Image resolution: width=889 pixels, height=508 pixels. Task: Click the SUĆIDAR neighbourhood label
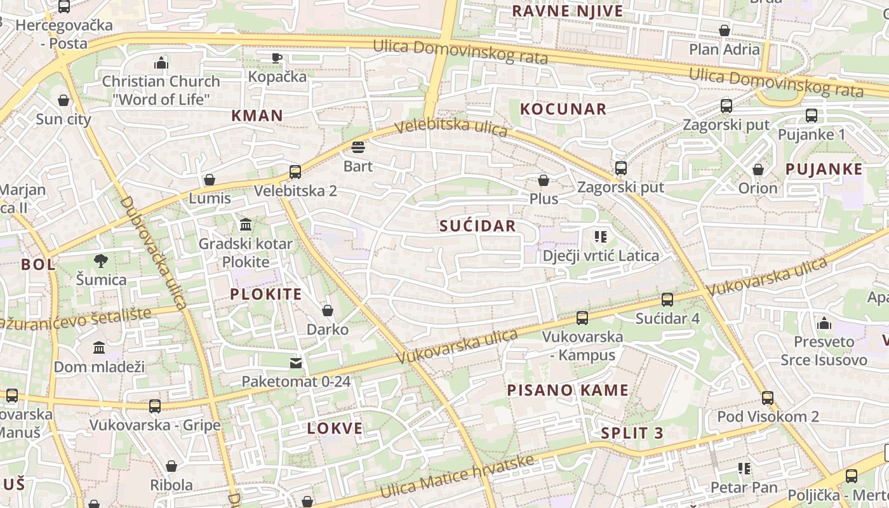pos(478,226)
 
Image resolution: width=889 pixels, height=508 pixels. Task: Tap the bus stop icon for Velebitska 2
pos(295,171)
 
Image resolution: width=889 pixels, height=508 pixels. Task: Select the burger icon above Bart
pos(358,147)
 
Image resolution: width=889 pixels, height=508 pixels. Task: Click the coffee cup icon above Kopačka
pos(277,58)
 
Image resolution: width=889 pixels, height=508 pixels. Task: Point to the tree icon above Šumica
pos(101,260)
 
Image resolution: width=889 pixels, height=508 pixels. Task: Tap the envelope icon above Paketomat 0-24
pos(296,363)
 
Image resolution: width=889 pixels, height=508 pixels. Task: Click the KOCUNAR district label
pos(563,109)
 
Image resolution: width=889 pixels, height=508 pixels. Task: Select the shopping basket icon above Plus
pos(544,180)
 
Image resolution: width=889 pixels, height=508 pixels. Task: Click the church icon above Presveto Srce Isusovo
pos(824,323)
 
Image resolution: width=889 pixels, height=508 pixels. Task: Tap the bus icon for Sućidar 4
pos(667,299)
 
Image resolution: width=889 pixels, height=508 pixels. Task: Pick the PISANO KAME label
pos(568,390)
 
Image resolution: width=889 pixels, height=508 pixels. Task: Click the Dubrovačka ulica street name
pos(153,253)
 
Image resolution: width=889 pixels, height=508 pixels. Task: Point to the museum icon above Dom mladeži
pos(99,348)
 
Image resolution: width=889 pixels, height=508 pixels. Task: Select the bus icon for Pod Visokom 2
pos(768,398)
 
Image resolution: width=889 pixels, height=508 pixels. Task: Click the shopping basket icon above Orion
pos(758,170)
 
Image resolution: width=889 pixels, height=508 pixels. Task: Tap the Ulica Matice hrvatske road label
pos(457,477)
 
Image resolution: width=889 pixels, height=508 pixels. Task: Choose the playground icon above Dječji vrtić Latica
pos(601,237)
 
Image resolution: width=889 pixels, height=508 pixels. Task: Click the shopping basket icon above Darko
pos(328,311)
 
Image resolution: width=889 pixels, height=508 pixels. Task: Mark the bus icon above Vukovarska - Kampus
pos(582,318)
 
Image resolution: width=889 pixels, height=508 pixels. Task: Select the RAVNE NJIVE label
pos(568,11)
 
